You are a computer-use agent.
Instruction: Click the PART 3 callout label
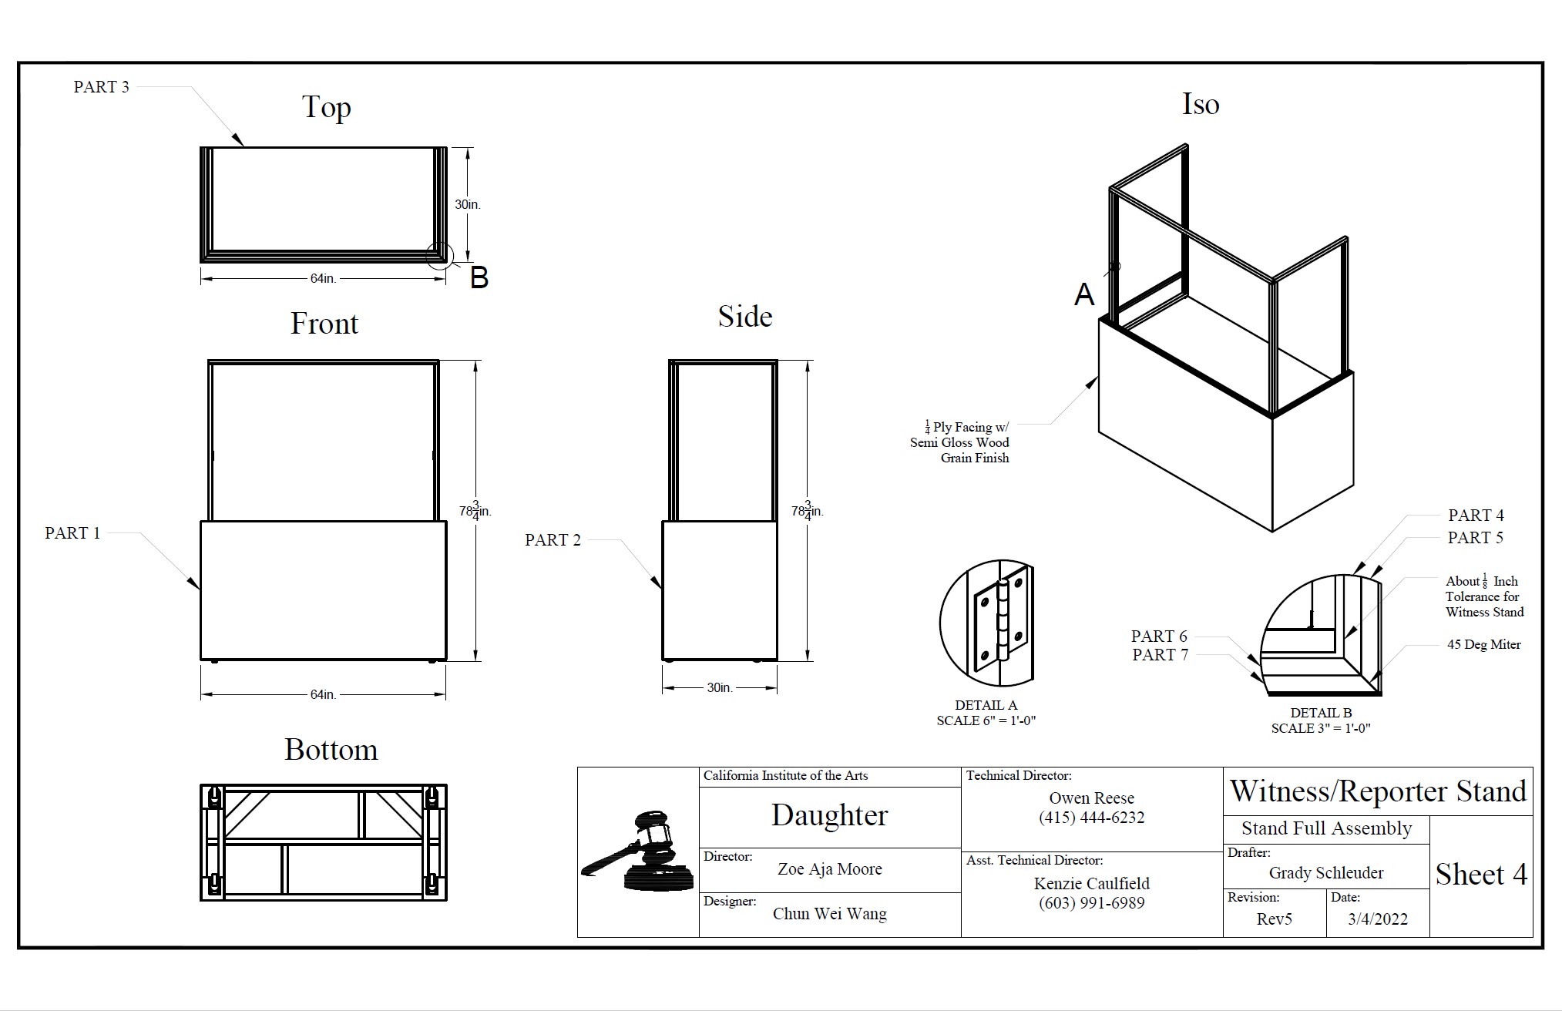101,87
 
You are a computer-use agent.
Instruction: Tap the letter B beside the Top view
479,277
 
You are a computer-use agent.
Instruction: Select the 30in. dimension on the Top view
467,204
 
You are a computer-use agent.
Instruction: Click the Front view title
324,324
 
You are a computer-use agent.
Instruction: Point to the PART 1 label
72,533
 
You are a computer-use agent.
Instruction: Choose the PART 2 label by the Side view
553,540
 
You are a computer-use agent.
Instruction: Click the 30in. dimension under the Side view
720,687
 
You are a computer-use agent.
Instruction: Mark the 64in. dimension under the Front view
323,694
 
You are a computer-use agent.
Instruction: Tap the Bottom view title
331,750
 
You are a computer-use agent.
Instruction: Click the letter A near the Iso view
1084,294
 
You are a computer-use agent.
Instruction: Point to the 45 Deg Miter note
1483,645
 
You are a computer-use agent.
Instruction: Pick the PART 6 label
1159,636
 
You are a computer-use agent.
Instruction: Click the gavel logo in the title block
638,851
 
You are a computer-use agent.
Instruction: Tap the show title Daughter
829,815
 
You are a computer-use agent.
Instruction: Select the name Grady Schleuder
1326,873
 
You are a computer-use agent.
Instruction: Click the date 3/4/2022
1378,919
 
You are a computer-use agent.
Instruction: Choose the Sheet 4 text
1480,875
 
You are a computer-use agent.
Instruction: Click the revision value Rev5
1274,919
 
